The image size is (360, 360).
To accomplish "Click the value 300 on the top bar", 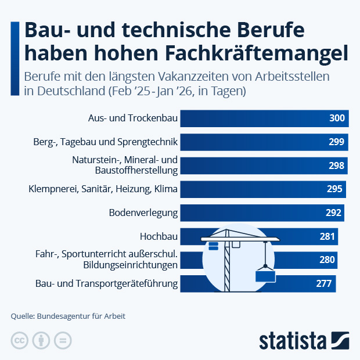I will [337, 118].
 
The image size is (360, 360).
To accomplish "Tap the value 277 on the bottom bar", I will [324, 284].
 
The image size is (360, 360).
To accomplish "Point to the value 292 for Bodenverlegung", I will [333, 213].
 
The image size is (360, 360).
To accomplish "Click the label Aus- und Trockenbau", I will [133, 118].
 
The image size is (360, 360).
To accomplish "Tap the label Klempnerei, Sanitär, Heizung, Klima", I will [103, 189].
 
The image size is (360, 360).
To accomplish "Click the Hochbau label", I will [159, 236].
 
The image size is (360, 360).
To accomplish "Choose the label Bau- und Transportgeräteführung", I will [107, 284].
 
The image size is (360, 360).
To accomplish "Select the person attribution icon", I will [41, 341].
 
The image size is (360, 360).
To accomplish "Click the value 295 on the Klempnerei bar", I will [334, 189].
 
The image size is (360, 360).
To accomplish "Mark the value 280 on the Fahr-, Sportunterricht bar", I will [327, 260].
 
